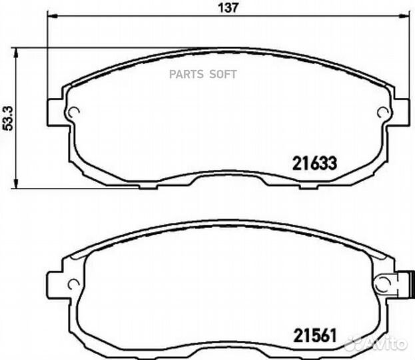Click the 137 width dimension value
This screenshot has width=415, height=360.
pos(228,8)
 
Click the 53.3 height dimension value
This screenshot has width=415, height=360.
pos(8,118)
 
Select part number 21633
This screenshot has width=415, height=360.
pos(314,163)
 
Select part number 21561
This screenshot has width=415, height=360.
pos(315,335)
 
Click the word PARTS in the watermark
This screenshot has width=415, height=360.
pos(187,75)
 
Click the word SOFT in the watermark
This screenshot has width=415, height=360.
pos(223,75)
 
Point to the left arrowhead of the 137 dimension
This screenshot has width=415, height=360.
pos(52,17)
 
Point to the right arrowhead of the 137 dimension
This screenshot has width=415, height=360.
pos(404,17)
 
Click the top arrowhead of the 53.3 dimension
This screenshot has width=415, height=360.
pos(16,53)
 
